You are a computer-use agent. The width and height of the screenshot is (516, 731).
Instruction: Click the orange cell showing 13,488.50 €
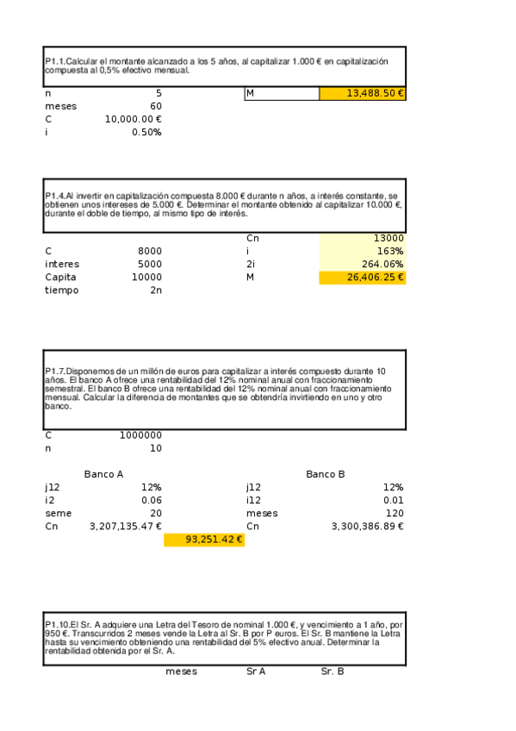coord(362,93)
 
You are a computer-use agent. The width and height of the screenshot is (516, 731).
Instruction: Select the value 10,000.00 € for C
coord(134,120)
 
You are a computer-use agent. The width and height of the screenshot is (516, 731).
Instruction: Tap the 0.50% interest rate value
coord(146,133)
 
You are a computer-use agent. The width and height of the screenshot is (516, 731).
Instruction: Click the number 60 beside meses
coord(156,106)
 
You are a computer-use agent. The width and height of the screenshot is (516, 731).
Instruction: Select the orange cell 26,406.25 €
coord(362,278)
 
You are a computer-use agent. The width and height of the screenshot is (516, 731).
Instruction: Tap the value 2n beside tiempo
coord(156,291)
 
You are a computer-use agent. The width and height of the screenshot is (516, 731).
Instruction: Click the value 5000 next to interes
coord(150,265)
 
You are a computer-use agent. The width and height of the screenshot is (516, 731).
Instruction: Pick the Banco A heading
coord(104,474)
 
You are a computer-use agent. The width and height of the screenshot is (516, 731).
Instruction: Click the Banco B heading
coord(326,474)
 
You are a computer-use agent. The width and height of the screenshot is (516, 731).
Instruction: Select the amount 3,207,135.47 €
coord(126,526)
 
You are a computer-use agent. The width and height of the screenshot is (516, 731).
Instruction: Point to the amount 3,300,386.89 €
coord(368,526)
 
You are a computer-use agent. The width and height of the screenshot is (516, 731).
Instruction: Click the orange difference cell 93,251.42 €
coord(204,540)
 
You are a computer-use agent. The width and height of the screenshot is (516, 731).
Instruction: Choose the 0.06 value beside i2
coord(151,500)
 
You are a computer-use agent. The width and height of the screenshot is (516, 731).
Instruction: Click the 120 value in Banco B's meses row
coord(395,513)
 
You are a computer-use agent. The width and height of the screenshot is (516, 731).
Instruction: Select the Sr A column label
coord(256,672)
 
